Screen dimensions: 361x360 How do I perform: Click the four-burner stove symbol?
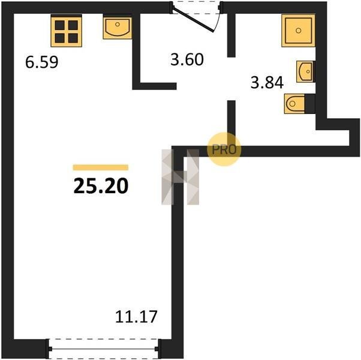pyautogui.click(x=67, y=31)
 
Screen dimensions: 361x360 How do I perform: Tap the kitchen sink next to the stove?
pyautogui.click(x=118, y=27)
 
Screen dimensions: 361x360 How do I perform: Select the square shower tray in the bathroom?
pyautogui.click(x=298, y=31)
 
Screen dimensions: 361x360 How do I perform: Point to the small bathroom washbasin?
pyautogui.click(x=305, y=71)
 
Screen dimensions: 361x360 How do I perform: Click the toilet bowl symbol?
pyautogui.click(x=294, y=104)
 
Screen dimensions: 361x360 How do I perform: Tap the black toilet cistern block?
pyautogui.click(x=310, y=104)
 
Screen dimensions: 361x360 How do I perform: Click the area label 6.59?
pyautogui.click(x=41, y=62)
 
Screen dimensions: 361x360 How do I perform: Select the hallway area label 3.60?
pyautogui.click(x=187, y=59)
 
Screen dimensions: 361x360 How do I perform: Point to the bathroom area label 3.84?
pyautogui.click(x=267, y=82)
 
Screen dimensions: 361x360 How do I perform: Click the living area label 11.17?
pyautogui.click(x=136, y=316)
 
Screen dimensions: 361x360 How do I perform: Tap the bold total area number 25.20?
pyautogui.click(x=101, y=186)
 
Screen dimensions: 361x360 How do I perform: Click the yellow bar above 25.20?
pyautogui.click(x=101, y=167)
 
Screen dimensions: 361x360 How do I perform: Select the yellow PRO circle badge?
pyautogui.click(x=224, y=149)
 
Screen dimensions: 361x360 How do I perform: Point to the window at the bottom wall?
pyautogui.click(x=103, y=349)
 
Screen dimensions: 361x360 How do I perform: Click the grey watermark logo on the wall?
pyautogui.click(x=180, y=177)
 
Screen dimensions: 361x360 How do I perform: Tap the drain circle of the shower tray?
pyautogui.click(x=299, y=31)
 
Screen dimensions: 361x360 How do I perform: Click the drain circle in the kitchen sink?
pyautogui.click(x=118, y=24)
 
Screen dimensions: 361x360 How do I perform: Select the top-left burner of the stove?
pyautogui.click(x=59, y=25)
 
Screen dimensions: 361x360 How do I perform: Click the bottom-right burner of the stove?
pyautogui.click(x=73, y=38)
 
